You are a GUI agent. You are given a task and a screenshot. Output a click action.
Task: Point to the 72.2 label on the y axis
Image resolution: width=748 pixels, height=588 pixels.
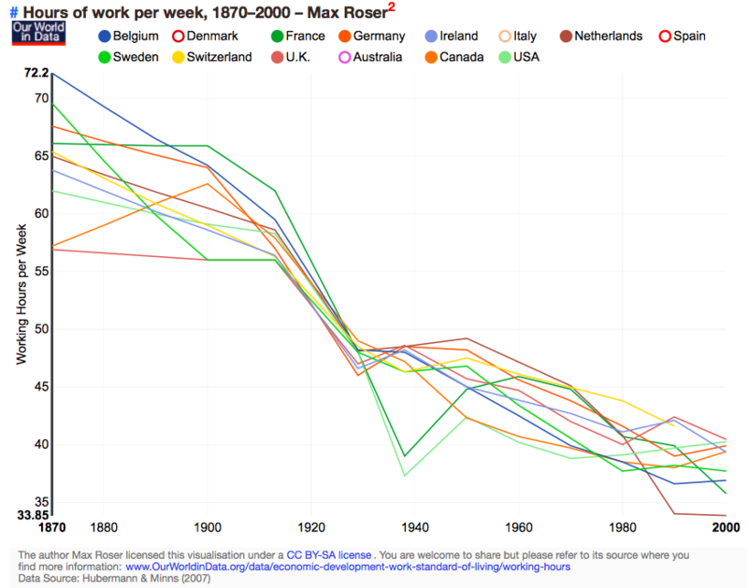coord(36,72)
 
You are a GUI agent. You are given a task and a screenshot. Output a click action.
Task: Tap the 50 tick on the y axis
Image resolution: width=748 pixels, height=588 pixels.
coord(39,328)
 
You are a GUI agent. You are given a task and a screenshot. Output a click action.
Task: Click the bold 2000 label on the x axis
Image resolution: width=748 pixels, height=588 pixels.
coord(727,526)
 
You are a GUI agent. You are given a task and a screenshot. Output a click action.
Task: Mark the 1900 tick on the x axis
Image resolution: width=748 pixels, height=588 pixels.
coord(207,526)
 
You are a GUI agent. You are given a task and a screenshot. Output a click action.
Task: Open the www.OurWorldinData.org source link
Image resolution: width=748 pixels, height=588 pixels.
coord(348,566)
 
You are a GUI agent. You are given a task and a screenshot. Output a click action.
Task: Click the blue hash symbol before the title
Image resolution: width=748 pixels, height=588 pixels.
coord(14,12)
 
